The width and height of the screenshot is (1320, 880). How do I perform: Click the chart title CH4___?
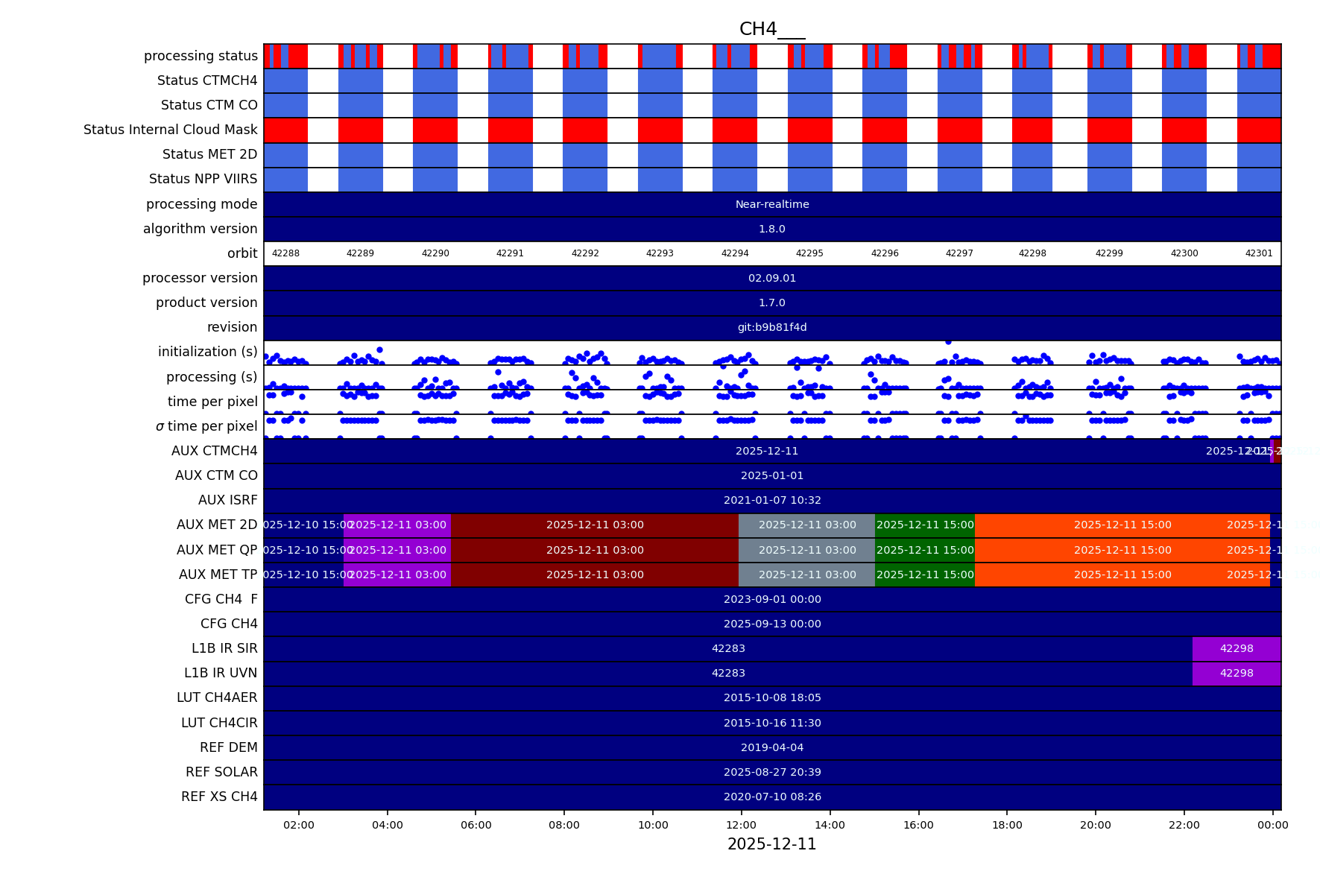pyautogui.click(x=771, y=29)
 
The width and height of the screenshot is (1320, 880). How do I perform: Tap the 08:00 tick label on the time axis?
pyautogui.click(x=564, y=825)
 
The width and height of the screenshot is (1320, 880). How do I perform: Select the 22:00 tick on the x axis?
pyautogui.click(x=1184, y=825)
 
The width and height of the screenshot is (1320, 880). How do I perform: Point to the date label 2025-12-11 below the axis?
pyautogui.click(x=771, y=844)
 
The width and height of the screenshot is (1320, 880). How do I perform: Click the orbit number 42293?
pyautogui.click(x=660, y=253)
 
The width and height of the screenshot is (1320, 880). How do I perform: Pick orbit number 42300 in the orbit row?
pyautogui.click(x=1184, y=253)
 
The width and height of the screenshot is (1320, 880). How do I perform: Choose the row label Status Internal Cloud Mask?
pyautogui.click(x=170, y=130)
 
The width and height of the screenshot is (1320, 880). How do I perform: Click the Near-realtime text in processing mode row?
pyautogui.click(x=771, y=204)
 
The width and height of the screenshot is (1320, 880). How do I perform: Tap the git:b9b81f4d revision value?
pyautogui.click(x=771, y=327)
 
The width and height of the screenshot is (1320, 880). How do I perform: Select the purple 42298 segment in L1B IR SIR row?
pyautogui.click(x=1236, y=648)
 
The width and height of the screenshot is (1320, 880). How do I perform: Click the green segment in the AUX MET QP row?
pyautogui.click(x=924, y=550)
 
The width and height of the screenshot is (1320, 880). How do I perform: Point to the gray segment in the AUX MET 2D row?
pyautogui.click(x=806, y=525)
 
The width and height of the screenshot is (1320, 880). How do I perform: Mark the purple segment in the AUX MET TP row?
pyautogui.click(x=397, y=574)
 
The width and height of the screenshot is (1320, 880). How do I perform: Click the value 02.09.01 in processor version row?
pyautogui.click(x=771, y=278)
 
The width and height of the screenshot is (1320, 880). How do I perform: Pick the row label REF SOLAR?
pyautogui.click(x=221, y=772)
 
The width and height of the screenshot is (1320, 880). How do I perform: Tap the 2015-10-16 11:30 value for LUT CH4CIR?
pyautogui.click(x=771, y=723)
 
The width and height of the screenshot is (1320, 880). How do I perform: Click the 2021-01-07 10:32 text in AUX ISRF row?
pyautogui.click(x=771, y=500)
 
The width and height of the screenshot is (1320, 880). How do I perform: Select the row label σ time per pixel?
pyautogui.click(x=206, y=426)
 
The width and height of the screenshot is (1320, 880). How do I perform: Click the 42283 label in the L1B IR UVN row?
pyautogui.click(x=728, y=673)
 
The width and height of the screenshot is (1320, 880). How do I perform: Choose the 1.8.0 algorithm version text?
pyautogui.click(x=771, y=229)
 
